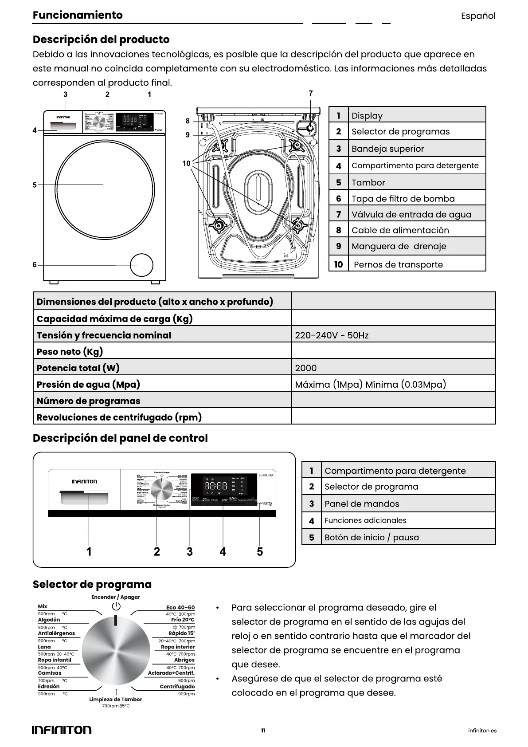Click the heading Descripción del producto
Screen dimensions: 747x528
click(x=101, y=39)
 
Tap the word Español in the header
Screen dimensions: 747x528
click(x=478, y=16)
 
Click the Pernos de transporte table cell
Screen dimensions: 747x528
click(x=398, y=264)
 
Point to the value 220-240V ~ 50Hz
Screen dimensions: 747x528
click(x=332, y=335)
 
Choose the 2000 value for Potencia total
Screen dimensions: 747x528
click(x=306, y=368)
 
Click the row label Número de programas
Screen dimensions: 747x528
click(x=88, y=401)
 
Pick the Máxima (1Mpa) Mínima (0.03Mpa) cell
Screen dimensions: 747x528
click(x=370, y=384)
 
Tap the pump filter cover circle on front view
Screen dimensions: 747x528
click(x=141, y=265)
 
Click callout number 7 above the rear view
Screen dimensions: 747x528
click(x=310, y=93)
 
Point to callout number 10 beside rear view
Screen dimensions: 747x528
click(x=186, y=163)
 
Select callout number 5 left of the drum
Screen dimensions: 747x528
click(x=35, y=185)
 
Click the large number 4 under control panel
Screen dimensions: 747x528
click(x=223, y=551)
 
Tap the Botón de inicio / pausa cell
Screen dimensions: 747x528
click(x=372, y=537)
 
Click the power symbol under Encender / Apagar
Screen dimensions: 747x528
click(x=116, y=606)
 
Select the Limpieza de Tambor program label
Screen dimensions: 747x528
click(x=116, y=699)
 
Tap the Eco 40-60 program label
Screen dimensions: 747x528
click(x=180, y=607)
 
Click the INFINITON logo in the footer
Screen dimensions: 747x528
click(x=62, y=730)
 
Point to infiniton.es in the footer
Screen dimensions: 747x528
click(x=482, y=730)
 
